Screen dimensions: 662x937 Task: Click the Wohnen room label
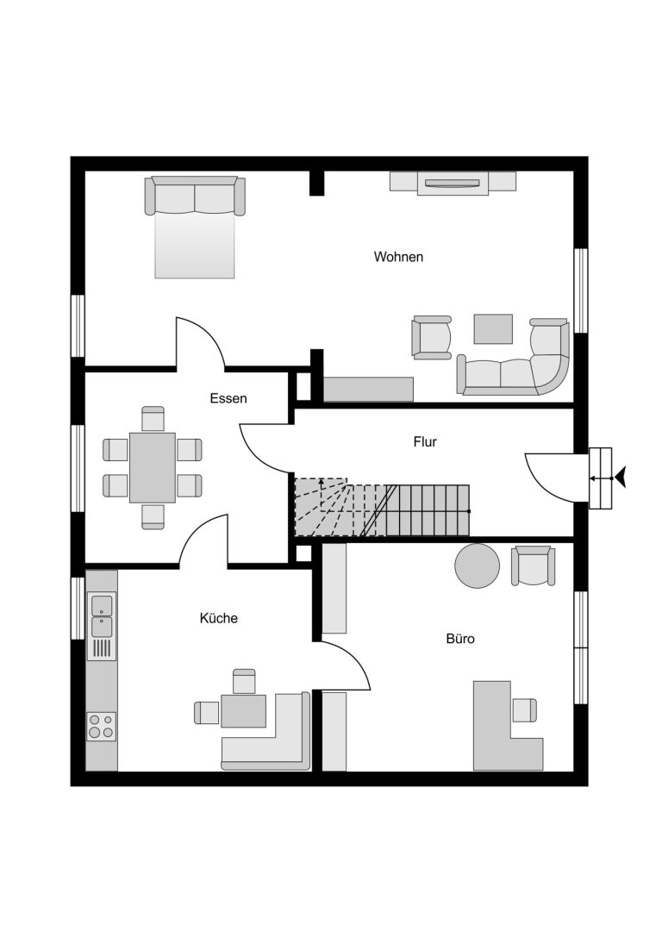[398, 257]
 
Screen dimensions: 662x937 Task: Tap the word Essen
[228, 398]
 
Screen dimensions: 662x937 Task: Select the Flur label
[425, 441]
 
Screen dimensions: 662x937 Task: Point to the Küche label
[219, 618]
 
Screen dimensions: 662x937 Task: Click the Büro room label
[460, 639]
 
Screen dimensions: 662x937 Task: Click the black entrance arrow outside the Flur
[621, 478]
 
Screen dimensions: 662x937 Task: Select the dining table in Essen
[153, 467]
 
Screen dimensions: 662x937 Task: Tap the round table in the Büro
[477, 565]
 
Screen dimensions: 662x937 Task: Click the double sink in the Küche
[102, 615]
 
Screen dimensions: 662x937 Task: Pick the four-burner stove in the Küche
[101, 727]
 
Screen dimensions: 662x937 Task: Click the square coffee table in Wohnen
[493, 329]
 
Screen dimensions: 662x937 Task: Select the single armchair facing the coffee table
[431, 338]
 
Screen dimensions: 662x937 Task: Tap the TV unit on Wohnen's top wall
[453, 182]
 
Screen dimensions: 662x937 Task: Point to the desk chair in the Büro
[525, 710]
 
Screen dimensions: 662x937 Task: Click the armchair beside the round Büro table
[533, 565]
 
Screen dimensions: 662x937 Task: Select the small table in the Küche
[243, 711]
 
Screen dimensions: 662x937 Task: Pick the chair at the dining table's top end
[153, 418]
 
